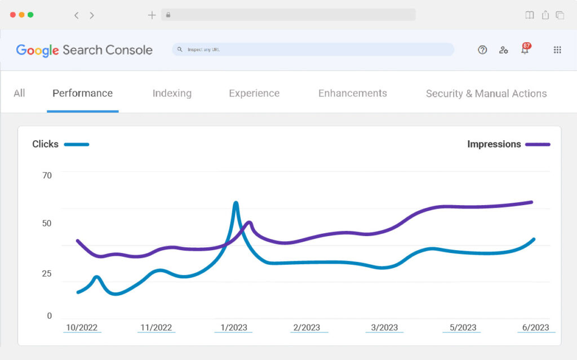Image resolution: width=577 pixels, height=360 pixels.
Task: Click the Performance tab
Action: (82, 94)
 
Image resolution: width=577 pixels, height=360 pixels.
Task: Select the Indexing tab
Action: (172, 94)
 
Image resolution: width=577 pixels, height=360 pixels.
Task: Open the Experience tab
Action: (254, 94)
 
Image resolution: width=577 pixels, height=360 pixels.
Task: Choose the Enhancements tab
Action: (353, 94)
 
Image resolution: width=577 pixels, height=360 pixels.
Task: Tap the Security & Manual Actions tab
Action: (486, 94)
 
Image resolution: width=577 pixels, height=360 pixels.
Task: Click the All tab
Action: (19, 94)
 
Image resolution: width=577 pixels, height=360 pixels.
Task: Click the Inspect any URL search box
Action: (313, 50)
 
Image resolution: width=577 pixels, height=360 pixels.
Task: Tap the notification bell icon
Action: (525, 50)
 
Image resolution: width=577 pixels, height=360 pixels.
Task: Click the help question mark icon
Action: (482, 50)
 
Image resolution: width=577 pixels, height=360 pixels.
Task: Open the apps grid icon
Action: (557, 50)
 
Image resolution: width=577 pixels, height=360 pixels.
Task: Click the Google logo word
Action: (37, 50)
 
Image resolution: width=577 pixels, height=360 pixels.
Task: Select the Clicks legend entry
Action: (46, 144)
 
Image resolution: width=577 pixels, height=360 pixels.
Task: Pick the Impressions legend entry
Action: (494, 144)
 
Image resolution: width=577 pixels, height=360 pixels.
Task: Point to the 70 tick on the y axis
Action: (47, 175)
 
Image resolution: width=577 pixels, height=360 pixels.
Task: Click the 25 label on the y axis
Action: (47, 274)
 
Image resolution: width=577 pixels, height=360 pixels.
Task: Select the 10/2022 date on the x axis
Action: (82, 327)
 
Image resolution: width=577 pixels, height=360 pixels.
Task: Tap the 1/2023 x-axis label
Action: (233, 327)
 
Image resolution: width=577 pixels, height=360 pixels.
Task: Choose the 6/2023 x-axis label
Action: (536, 327)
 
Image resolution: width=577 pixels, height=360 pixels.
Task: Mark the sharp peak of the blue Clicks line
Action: (236, 203)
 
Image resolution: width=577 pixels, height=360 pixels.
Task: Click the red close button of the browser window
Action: (13, 15)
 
